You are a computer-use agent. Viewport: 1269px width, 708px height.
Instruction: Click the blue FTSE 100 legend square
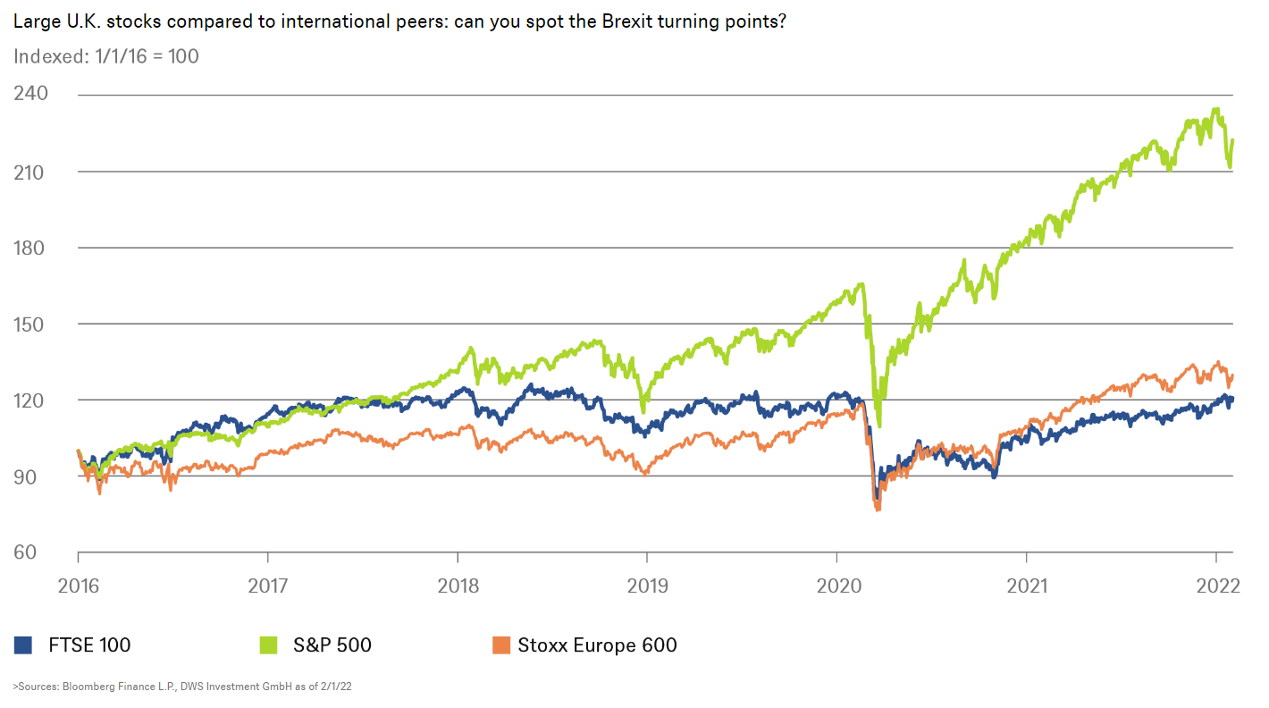point(24,645)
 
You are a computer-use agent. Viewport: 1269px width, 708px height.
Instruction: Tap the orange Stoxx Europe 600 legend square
point(502,645)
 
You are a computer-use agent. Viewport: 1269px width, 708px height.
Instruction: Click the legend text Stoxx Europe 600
point(597,645)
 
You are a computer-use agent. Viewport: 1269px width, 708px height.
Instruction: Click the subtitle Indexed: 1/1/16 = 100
point(106,56)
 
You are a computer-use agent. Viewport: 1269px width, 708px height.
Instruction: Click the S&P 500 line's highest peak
point(1215,110)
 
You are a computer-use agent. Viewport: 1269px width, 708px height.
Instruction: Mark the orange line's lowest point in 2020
point(878,510)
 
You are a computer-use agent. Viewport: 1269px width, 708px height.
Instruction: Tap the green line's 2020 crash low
point(878,426)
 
